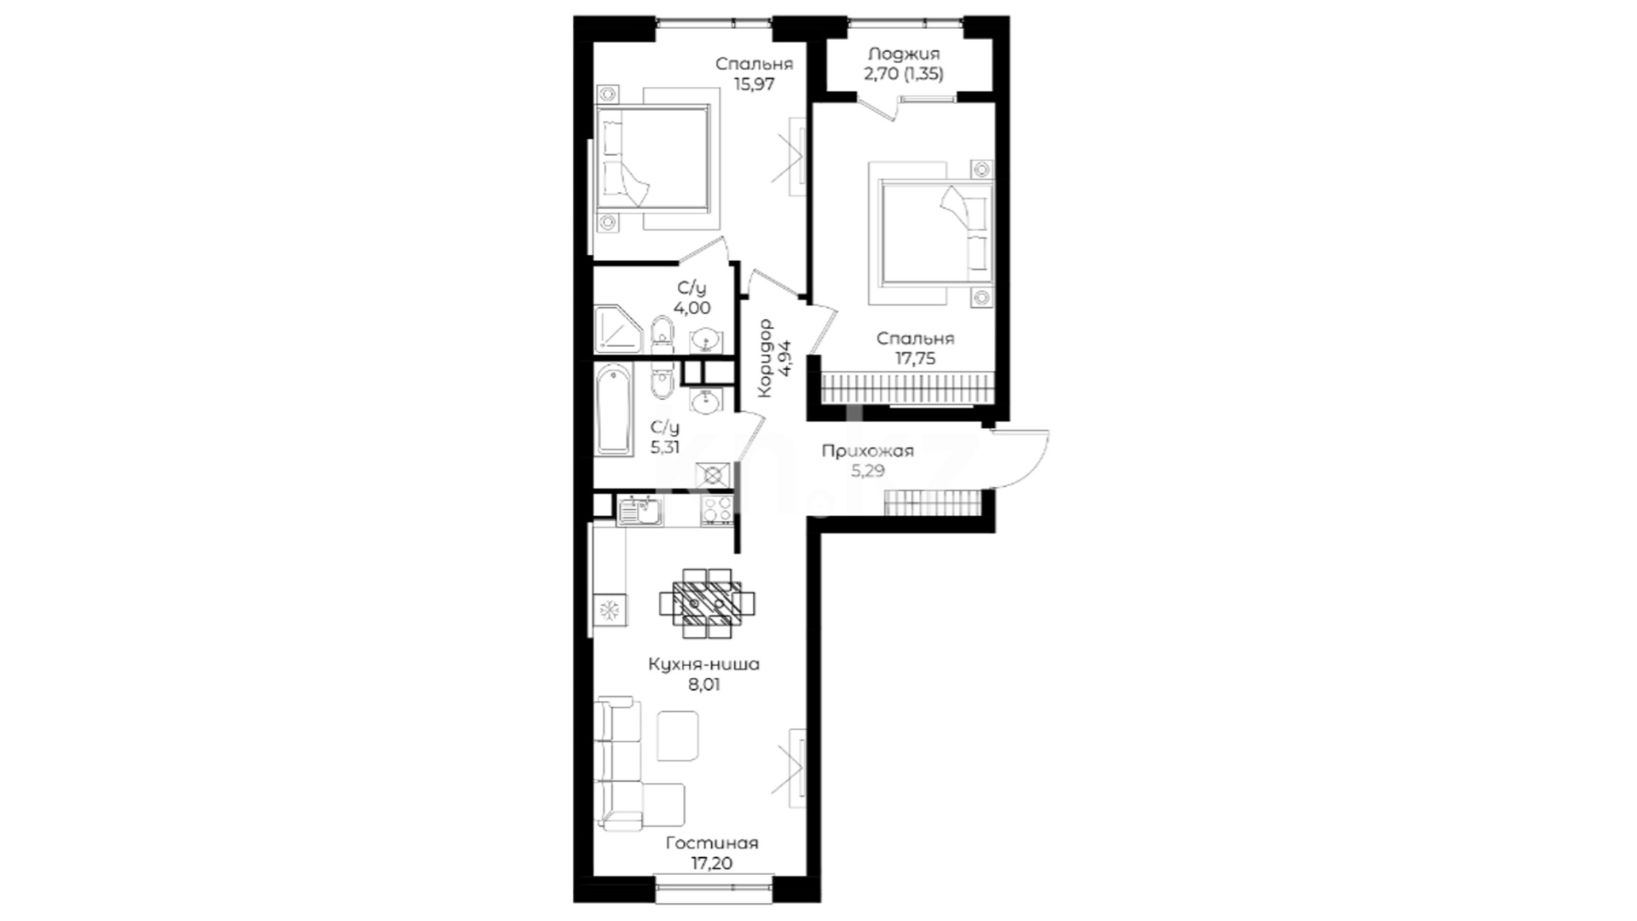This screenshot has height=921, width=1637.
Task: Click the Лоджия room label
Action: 904,54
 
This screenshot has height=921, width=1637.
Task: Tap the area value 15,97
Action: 755,84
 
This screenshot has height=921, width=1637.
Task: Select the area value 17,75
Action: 915,359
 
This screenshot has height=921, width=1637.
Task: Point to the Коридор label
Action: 765,357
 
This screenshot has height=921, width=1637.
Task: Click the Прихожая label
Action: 867,451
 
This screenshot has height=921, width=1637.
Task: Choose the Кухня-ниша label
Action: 703,663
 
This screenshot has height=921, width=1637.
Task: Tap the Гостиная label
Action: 712,843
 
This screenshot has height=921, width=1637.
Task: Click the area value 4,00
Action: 691,309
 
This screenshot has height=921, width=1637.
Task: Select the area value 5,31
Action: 665,447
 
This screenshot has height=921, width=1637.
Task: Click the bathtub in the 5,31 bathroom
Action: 614,410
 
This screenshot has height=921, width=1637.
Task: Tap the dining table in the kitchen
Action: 707,603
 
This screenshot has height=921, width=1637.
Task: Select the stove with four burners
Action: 717,510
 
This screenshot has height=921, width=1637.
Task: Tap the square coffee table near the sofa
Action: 678,737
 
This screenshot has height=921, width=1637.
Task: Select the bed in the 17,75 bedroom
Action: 931,232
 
